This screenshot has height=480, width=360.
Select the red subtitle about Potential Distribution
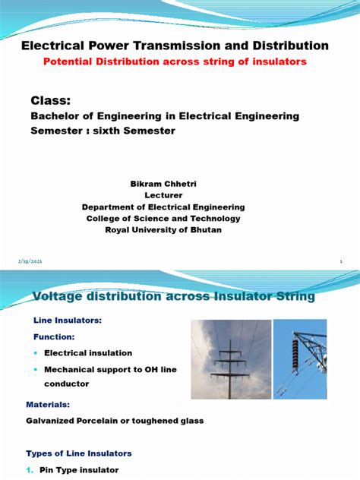click(x=175, y=62)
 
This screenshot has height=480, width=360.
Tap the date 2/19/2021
click(x=30, y=261)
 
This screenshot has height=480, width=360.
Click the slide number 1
click(x=341, y=261)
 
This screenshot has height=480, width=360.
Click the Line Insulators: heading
click(x=68, y=321)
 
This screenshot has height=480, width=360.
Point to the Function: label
click(x=53, y=336)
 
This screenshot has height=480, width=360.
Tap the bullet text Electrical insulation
click(x=88, y=353)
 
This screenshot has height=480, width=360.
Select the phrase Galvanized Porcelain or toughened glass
click(x=115, y=421)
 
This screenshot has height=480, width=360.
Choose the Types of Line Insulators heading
click(x=79, y=453)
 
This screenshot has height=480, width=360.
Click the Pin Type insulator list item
click(x=81, y=470)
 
